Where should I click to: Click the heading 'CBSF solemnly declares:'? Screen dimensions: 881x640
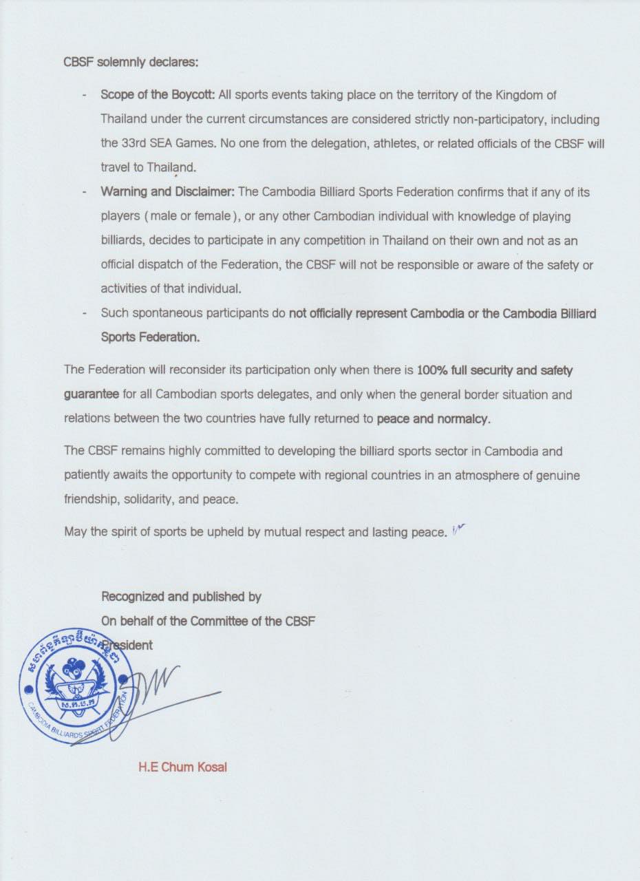click(x=131, y=62)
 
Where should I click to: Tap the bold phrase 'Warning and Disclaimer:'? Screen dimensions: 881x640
click(x=168, y=192)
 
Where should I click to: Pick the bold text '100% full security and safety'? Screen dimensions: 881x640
click(x=495, y=370)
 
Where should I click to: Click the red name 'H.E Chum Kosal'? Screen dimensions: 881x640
click(x=182, y=767)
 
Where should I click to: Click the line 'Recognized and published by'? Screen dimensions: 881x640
click(x=181, y=597)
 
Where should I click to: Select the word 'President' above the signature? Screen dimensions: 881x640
click(x=131, y=645)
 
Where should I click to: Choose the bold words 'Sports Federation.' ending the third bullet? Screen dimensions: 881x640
click(x=151, y=337)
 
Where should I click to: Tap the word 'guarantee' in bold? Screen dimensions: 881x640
click(x=92, y=394)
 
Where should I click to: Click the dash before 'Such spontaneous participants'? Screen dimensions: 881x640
click(x=84, y=313)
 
